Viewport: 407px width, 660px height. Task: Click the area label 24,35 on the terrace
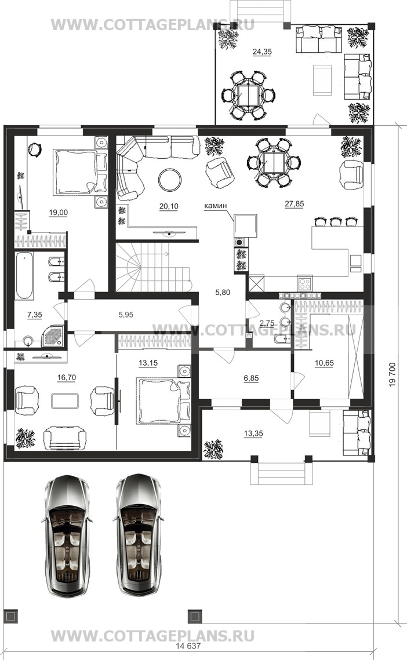click(x=262, y=52)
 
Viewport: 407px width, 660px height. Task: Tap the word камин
click(x=215, y=206)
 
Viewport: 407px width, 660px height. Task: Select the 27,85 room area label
click(x=294, y=204)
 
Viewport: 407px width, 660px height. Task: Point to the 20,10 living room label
click(x=169, y=206)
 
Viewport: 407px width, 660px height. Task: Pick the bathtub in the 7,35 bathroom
click(x=25, y=275)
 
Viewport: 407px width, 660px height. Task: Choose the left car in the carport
click(x=67, y=535)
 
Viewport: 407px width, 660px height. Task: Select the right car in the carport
click(x=138, y=535)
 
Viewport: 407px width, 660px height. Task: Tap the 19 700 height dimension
click(x=393, y=374)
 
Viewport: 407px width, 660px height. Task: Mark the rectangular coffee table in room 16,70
click(x=65, y=401)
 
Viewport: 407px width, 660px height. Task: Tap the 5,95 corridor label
click(x=126, y=315)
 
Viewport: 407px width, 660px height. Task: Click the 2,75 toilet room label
click(x=267, y=323)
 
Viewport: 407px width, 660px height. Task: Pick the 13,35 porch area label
click(x=253, y=433)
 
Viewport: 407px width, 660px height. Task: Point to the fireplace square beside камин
click(x=246, y=226)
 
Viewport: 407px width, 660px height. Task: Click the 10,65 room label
click(x=325, y=363)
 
